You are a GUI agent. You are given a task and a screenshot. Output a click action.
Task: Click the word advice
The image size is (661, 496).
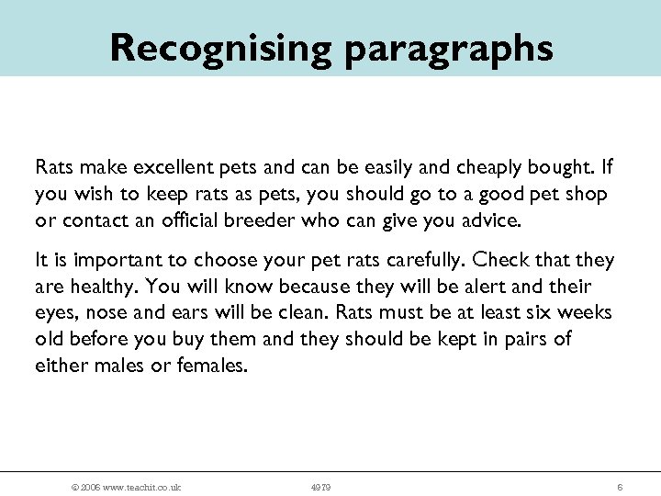[494, 220]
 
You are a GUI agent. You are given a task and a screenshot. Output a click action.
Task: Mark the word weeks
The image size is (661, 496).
[588, 312]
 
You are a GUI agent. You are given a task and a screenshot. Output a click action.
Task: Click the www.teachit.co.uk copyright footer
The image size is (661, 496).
[119, 487]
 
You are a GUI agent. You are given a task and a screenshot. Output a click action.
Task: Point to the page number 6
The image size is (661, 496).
[621, 487]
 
